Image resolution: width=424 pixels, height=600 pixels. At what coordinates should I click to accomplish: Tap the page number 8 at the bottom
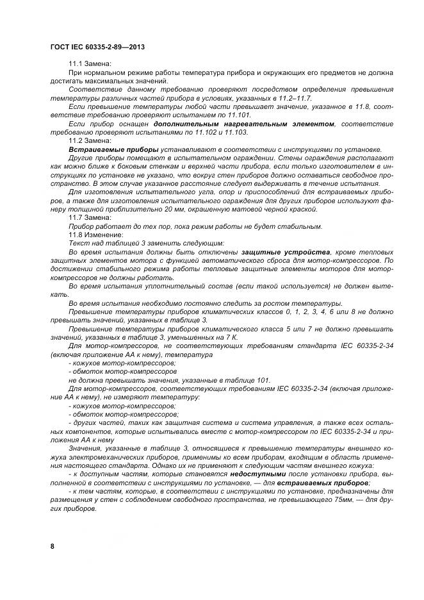tap(52, 546)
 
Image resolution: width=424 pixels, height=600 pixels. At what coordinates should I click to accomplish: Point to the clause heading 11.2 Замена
tap(90, 140)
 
